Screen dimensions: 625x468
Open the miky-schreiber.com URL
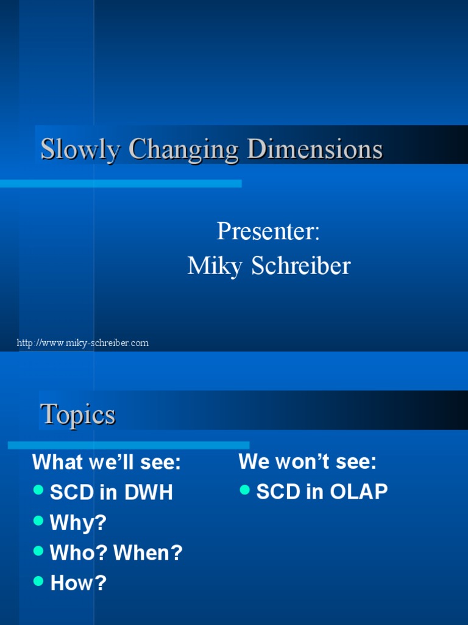(x=83, y=343)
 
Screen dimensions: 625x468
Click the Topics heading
(x=77, y=414)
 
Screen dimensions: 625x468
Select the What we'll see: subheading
(x=107, y=463)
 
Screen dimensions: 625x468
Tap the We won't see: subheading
(x=308, y=461)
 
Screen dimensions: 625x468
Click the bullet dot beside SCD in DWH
(x=39, y=490)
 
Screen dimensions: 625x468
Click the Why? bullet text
(x=78, y=522)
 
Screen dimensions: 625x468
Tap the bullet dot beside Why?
(x=39, y=520)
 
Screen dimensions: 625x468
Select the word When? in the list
(x=148, y=553)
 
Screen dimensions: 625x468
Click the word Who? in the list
(x=79, y=553)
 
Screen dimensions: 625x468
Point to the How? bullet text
(x=78, y=583)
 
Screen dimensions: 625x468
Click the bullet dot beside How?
(x=39, y=581)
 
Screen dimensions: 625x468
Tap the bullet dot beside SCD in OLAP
(x=245, y=490)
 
